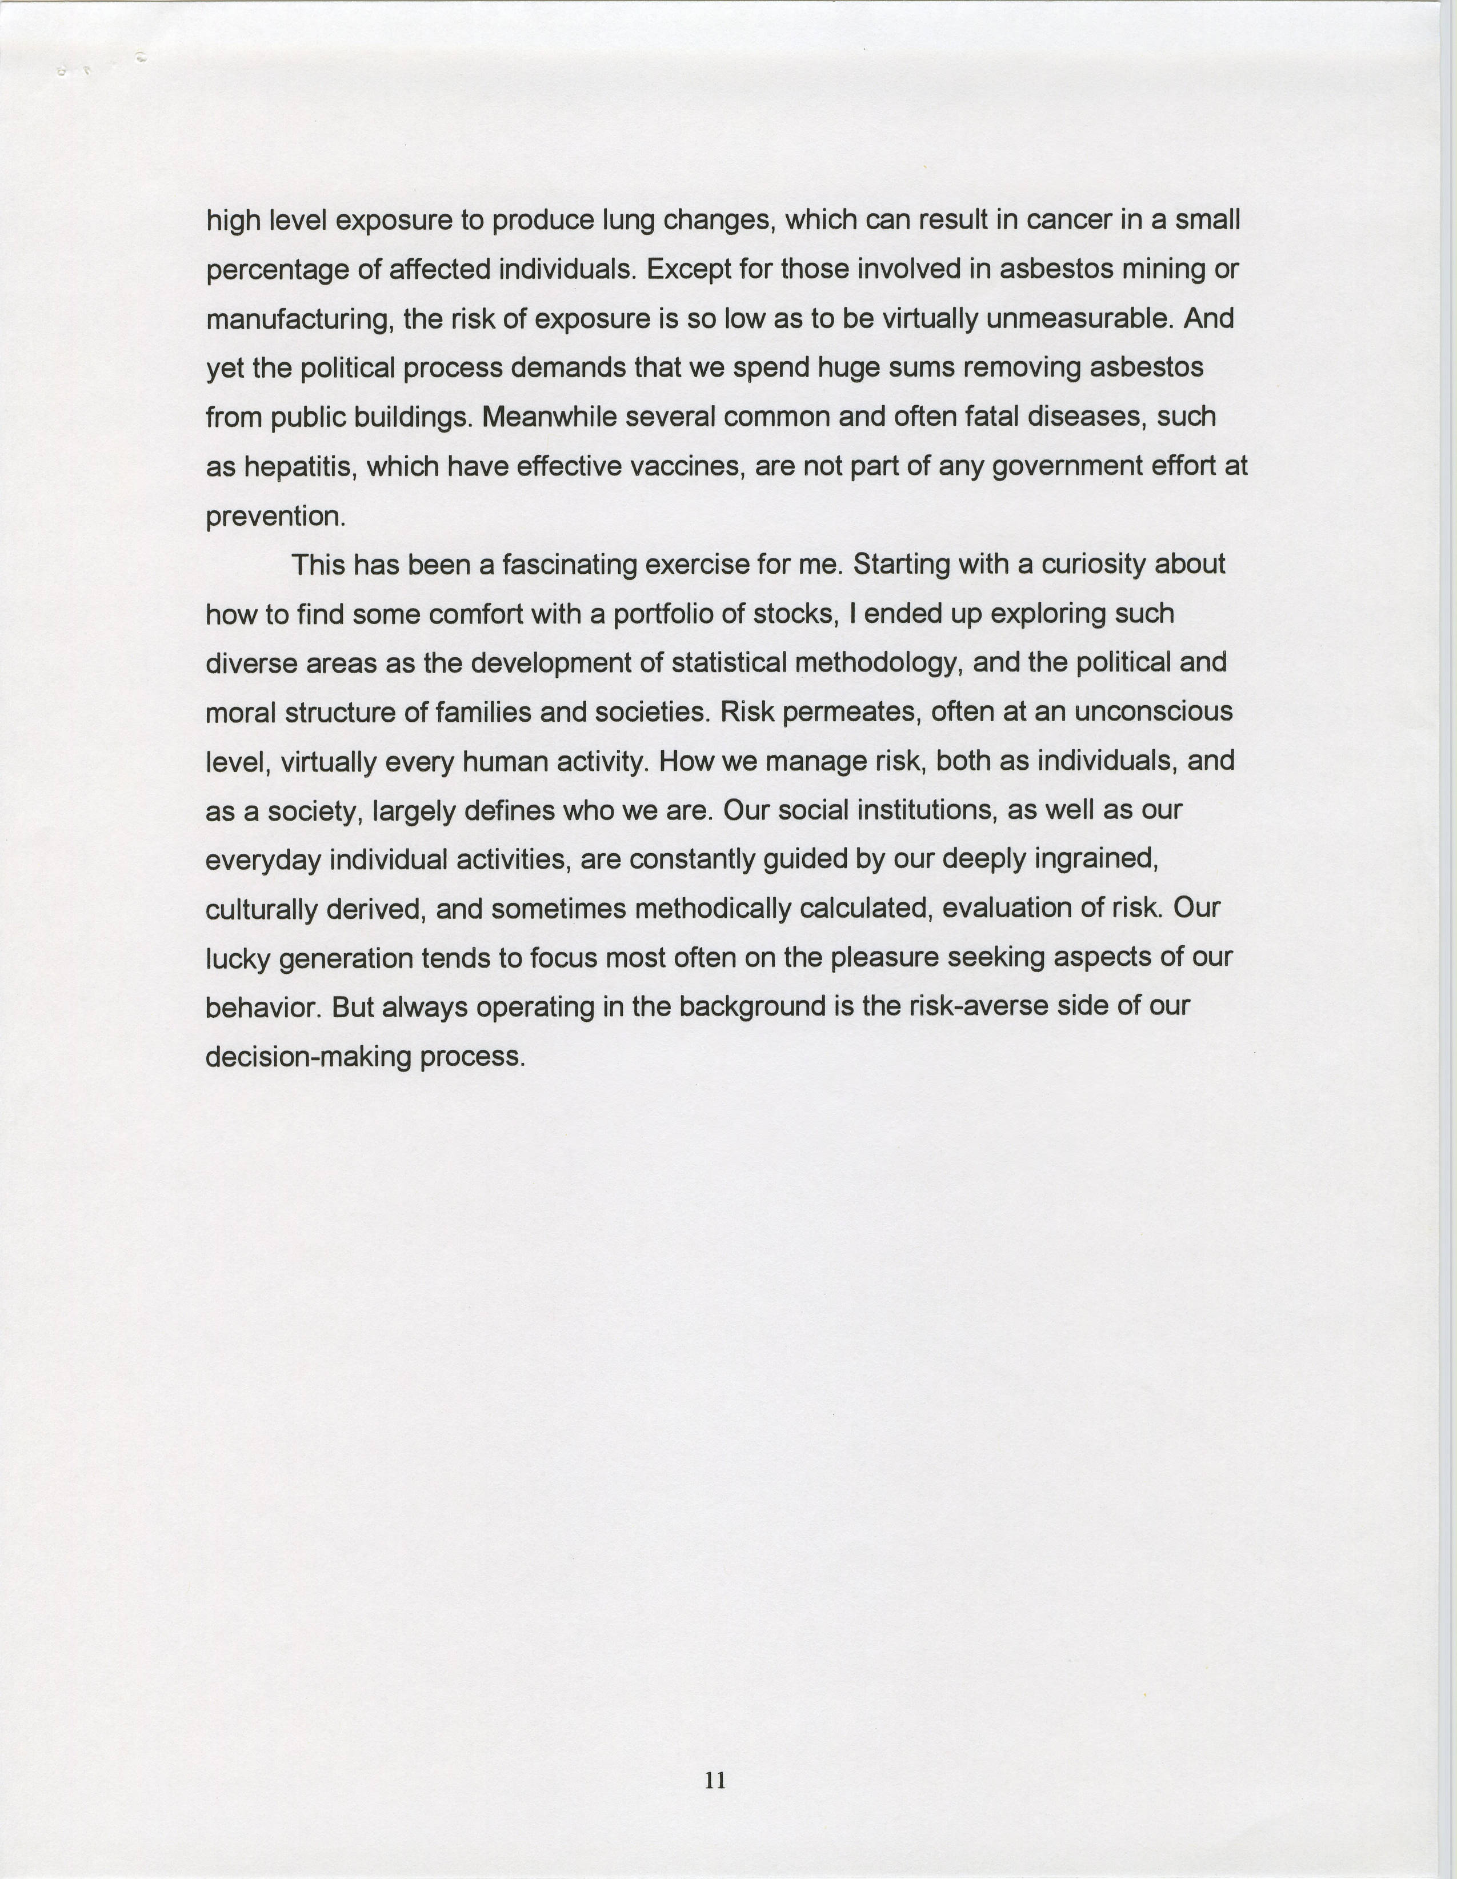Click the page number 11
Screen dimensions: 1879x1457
pyautogui.click(x=715, y=1780)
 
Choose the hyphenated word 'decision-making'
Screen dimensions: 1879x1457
pyautogui.click(x=308, y=1057)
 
